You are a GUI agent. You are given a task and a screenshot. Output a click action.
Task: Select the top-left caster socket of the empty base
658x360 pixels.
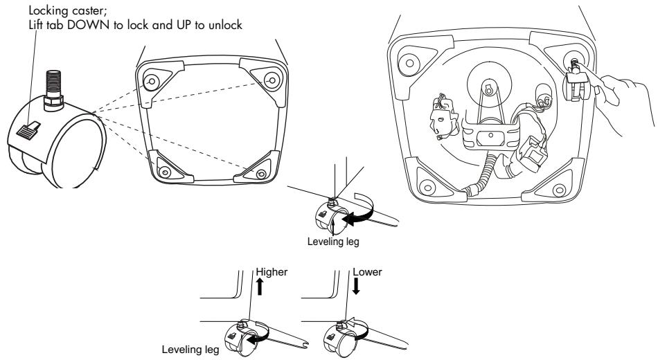[x=150, y=82]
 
